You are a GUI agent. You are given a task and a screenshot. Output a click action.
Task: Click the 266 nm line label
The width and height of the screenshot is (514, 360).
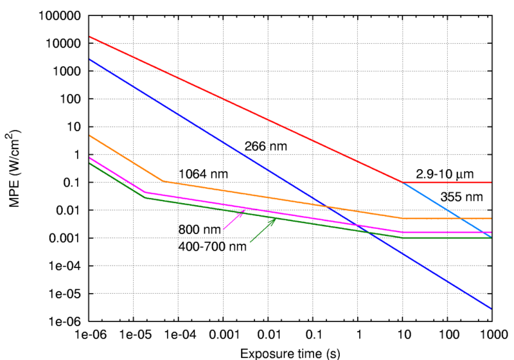click(x=265, y=147)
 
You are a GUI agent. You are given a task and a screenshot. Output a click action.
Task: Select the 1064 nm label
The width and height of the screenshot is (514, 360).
click(x=203, y=174)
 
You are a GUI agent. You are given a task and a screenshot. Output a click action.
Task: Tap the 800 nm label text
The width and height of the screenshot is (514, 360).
click(x=200, y=230)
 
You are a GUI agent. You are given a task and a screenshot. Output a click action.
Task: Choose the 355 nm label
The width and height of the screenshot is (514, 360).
click(x=461, y=197)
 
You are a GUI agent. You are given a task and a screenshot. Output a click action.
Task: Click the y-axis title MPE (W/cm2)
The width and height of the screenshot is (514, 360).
click(x=13, y=168)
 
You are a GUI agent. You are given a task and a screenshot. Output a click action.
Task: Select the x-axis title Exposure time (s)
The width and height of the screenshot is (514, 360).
click(x=290, y=353)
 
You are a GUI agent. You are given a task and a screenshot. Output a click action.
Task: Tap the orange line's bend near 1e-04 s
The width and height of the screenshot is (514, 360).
click(x=163, y=181)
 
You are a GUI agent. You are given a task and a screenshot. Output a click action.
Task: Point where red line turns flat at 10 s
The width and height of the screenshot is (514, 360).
click(x=403, y=183)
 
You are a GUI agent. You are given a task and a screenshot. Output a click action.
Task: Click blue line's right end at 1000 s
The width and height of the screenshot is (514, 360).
click(x=492, y=309)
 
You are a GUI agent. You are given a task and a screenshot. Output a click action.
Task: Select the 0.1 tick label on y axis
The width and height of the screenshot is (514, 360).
click(x=72, y=183)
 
